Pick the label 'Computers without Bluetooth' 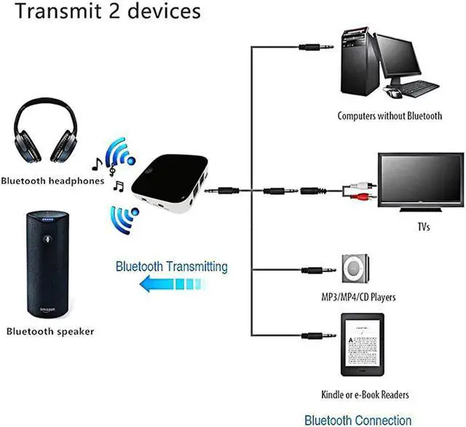389,116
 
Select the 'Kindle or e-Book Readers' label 365,395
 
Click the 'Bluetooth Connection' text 358,420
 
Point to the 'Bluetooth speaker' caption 50,332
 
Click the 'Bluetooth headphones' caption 52,181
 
